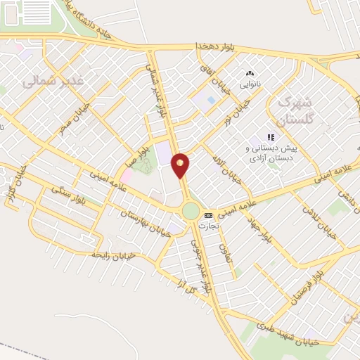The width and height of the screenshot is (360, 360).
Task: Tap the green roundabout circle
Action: [x=191, y=210]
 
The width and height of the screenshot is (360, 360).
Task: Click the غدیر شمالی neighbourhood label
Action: [x=52, y=80]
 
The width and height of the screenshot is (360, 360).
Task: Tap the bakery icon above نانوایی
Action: [x=249, y=73]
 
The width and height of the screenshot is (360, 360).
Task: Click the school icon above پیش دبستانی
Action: [x=270, y=138]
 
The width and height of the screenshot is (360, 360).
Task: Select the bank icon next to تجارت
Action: [x=207, y=215]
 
